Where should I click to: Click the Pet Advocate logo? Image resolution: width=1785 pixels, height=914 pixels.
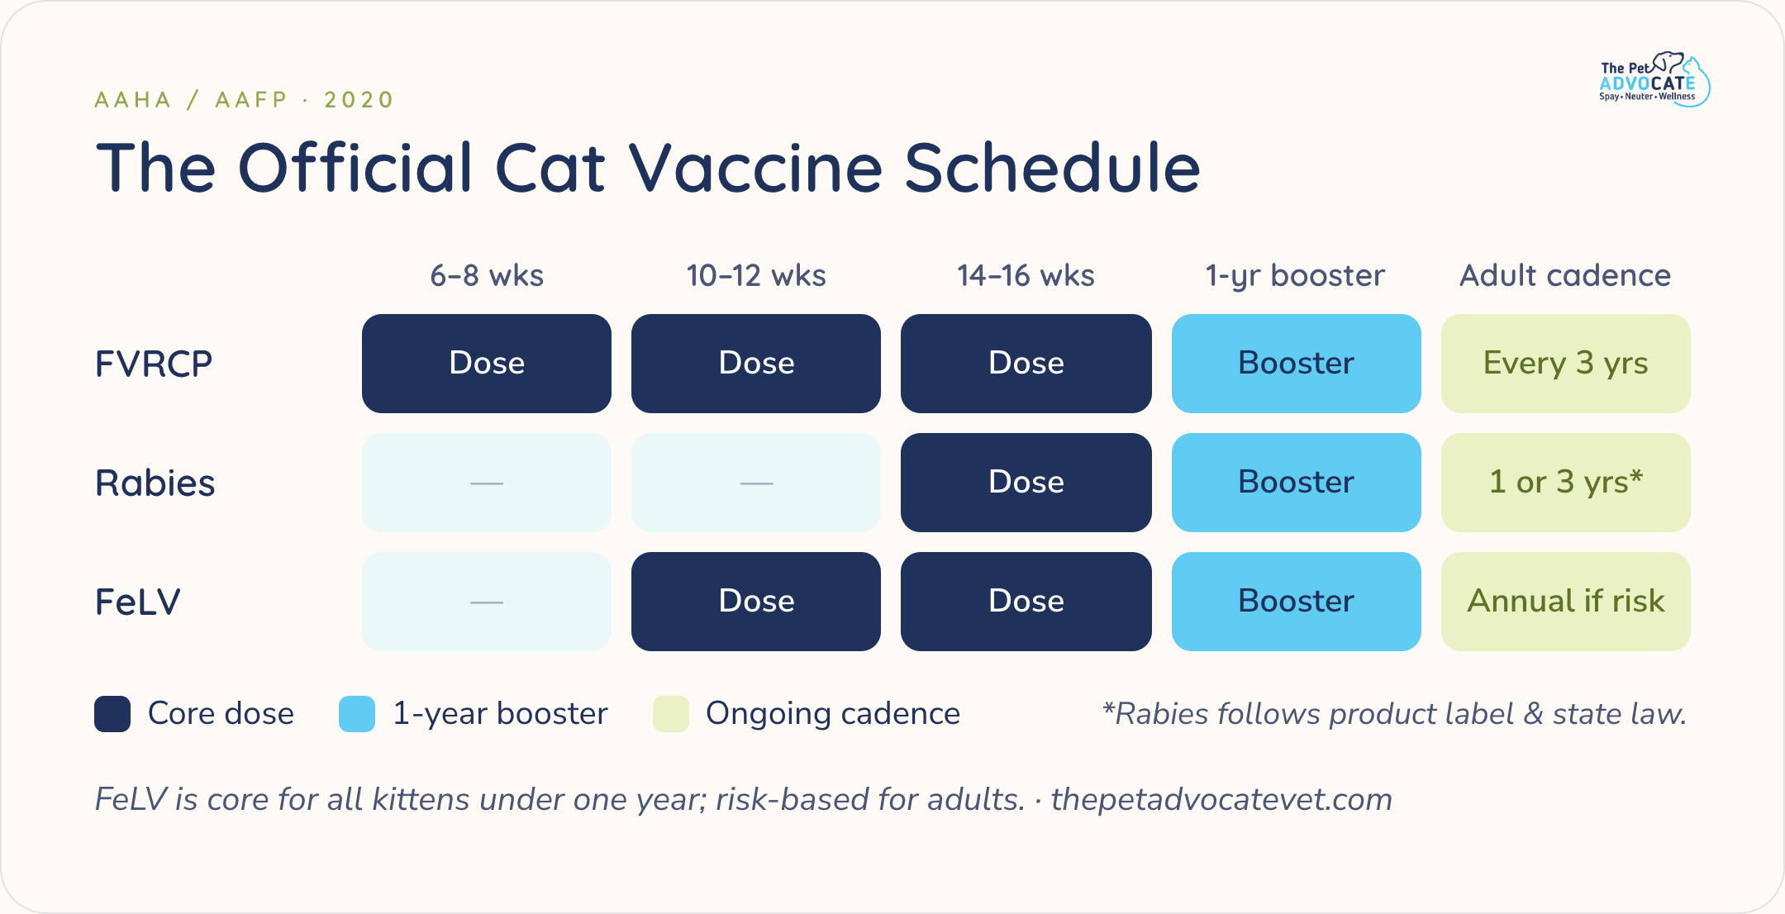tap(1654, 79)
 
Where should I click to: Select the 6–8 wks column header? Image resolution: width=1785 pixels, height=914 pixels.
tap(487, 275)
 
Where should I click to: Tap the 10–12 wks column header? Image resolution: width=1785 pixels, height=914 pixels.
tap(756, 275)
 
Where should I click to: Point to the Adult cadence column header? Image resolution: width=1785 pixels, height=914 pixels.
tap(1565, 275)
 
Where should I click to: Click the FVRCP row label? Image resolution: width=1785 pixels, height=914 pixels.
tap(154, 364)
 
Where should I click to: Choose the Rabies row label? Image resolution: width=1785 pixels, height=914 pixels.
tap(155, 483)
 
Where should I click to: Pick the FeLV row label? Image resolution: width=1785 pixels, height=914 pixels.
tap(137, 602)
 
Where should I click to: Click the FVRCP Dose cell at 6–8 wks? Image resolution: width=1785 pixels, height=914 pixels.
tap(487, 364)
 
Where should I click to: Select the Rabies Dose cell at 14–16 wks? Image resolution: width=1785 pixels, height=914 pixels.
tap(1026, 483)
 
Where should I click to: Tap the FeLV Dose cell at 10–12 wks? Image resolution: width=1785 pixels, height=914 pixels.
tap(756, 602)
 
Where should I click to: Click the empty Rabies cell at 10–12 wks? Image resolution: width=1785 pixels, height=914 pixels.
tap(756, 483)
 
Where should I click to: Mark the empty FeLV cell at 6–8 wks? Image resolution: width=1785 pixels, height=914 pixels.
tap(487, 602)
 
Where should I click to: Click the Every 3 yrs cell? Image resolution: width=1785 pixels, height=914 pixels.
tap(1566, 364)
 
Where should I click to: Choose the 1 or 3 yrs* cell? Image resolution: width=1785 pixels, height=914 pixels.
tap(1566, 483)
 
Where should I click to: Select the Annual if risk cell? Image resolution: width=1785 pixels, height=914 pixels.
tap(1566, 602)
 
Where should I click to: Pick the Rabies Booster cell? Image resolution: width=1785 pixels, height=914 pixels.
tap(1297, 483)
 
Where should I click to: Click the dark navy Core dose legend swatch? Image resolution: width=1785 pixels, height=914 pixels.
tap(112, 714)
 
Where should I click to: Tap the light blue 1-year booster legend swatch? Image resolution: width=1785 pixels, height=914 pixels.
tap(357, 714)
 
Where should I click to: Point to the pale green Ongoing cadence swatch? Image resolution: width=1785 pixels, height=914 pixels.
tap(671, 714)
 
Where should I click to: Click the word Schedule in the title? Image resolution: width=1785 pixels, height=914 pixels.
tap(1053, 168)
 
